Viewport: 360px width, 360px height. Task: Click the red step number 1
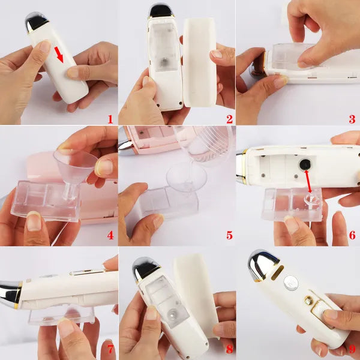(110, 118)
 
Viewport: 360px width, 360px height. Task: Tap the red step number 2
(230, 118)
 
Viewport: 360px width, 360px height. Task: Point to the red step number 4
(110, 235)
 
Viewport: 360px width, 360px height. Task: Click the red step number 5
(230, 235)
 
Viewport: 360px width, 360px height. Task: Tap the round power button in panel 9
(291, 283)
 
